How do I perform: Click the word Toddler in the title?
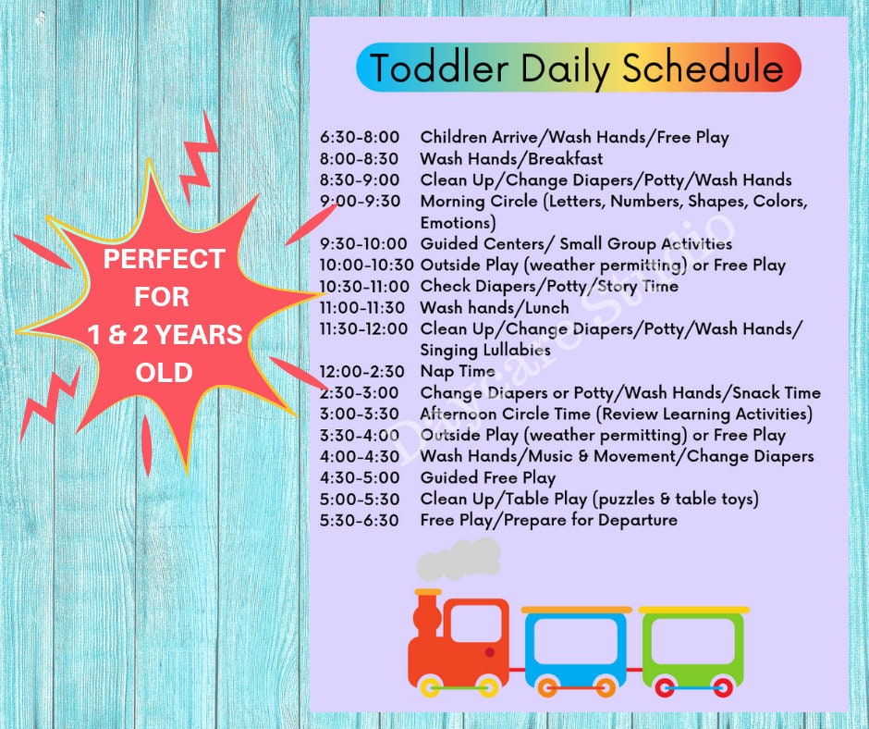(x=438, y=68)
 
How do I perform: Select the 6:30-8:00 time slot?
(x=360, y=138)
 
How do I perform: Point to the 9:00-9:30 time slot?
(x=360, y=202)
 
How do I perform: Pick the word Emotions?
(x=458, y=223)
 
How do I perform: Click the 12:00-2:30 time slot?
(x=362, y=371)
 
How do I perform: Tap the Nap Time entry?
(x=458, y=371)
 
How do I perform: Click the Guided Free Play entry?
(x=487, y=477)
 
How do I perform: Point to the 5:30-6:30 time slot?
(x=360, y=520)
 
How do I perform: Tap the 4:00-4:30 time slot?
(x=360, y=456)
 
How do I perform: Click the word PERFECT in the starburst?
(x=164, y=259)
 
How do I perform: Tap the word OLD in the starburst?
(x=164, y=372)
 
